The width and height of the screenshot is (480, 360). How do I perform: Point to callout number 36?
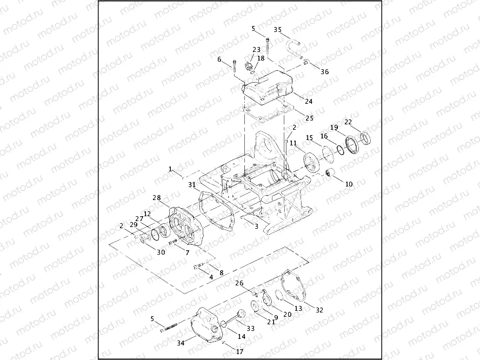tap(324, 71)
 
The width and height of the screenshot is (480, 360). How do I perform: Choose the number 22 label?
tap(349, 121)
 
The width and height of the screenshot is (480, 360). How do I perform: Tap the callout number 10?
tap(348, 184)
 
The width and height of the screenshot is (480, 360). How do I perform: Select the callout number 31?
tap(192, 184)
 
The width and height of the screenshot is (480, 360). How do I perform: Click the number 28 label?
tap(156, 198)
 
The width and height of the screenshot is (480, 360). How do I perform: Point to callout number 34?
tap(179, 342)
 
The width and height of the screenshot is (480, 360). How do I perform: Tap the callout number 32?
tap(319, 310)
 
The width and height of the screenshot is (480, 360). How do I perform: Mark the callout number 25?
tap(309, 118)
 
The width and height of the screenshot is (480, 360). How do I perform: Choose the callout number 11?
tap(292, 143)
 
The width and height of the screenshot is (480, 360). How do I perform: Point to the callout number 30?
tap(161, 252)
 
